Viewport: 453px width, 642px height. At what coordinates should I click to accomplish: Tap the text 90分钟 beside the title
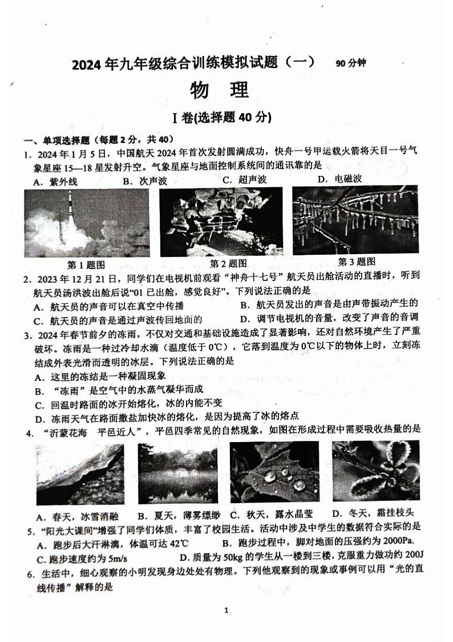pyautogui.click(x=350, y=63)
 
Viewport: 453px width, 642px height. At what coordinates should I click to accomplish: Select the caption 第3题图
pyautogui.click(x=357, y=262)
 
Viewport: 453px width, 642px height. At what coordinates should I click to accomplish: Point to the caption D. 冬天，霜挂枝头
pyautogui.click(x=373, y=513)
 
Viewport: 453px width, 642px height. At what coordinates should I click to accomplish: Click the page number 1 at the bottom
pyautogui.click(x=226, y=611)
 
